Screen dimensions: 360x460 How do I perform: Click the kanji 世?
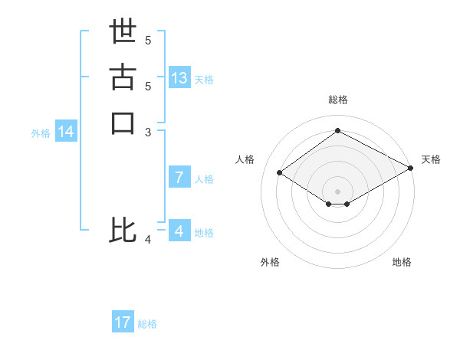click(x=123, y=32)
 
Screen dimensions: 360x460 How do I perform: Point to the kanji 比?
click(x=123, y=231)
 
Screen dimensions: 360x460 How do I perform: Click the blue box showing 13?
click(x=179, y=78)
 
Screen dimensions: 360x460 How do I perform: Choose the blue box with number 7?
click(x=179, y=178)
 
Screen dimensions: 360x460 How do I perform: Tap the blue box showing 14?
click(x=66, y=132)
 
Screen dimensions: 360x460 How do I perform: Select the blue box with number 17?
click(x=123, y=322)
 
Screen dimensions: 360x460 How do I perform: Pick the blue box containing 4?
click(x=179, y=231)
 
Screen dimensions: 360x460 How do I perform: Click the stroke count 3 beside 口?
click(x=148, y=132)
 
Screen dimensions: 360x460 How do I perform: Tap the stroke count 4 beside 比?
click(x=148, y=240)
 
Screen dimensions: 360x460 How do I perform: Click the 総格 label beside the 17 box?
click(x=147, y=324)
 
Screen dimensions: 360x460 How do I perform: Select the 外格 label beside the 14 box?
click(x=41, y=133)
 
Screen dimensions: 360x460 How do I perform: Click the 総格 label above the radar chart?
click(x=338, y=100)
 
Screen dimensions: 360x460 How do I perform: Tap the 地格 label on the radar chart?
click(x=402, y=262)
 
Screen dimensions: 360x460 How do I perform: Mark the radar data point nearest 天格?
click(x=410, y=169)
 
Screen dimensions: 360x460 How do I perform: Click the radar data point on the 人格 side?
click(x=280, y=173)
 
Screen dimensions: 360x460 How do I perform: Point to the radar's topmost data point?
click(x=337, y=131)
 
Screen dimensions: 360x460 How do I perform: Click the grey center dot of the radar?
click(x=337, y=190)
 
